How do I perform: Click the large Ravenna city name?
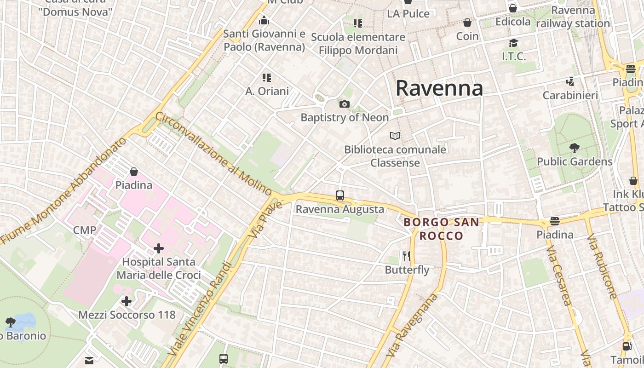click(439, 88)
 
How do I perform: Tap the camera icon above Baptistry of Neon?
click(344, 104)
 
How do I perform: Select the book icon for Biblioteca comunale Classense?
click(395, 136)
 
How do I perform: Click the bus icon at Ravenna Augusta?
click(340, 195)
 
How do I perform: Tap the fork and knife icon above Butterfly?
click(406, 256)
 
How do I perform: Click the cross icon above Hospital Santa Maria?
click(159, 249)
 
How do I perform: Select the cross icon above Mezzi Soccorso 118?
click(126, 302)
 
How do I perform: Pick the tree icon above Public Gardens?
click(574, 148)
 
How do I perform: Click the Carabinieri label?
click(570, 95)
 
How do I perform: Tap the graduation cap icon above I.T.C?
click(513, 43)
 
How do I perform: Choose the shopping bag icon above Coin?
click(467, 23)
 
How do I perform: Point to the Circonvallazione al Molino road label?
click(214, 153)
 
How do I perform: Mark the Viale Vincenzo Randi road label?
click(200, 308)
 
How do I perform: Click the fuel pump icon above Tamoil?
click(627, 346)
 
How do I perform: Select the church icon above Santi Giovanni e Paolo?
click(264, 20)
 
